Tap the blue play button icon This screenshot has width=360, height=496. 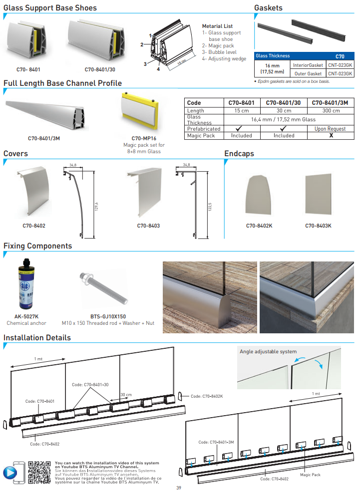click(x=9, y=472)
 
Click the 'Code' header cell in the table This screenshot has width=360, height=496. click(x=194, y=103)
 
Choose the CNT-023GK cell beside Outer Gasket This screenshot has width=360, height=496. click(x=340, y=73)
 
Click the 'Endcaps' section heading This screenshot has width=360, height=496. click(x=239, y=154)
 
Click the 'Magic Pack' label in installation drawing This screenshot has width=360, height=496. click(x=310, y=475)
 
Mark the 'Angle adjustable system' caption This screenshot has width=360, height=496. click(x=268, y=351)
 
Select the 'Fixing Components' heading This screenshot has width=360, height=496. click(x=37, y=246)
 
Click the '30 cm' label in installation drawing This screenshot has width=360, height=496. click(x=126, y=395)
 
